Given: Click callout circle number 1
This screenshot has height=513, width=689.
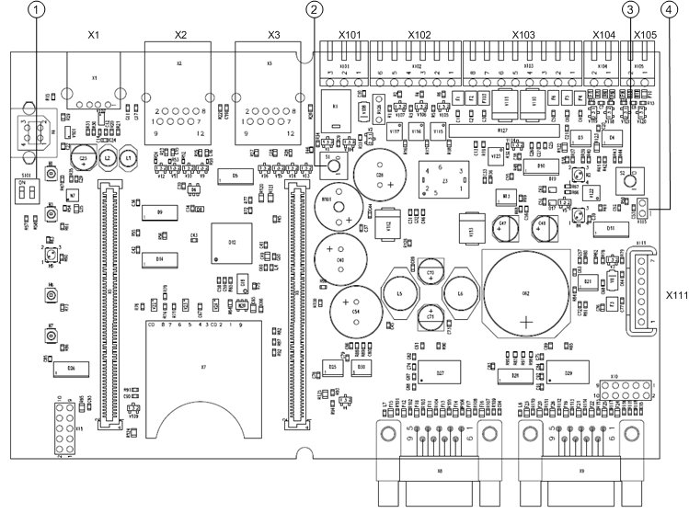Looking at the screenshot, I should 37,10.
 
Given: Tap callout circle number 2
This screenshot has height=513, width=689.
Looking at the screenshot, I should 316,10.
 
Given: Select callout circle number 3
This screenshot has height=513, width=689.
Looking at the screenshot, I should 630,10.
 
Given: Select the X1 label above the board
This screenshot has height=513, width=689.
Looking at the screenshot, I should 93,35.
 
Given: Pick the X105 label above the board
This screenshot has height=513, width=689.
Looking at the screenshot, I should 645,35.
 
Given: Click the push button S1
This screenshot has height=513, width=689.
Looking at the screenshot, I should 333,163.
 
